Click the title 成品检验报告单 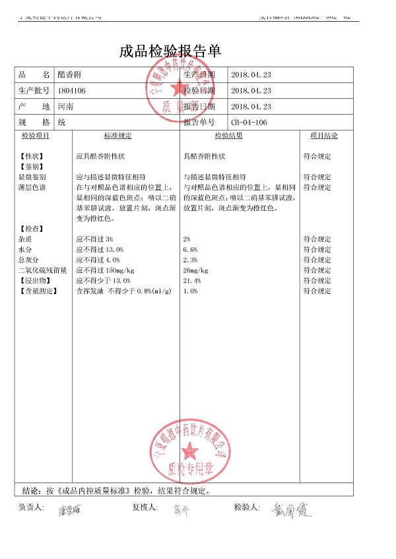click(x=170, y=51)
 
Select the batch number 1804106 click(x=72, y=90)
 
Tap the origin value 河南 click(x=65, y=106)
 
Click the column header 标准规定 click(x=117, y=136)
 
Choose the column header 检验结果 click(x=228, y=136)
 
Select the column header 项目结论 click(x=323, y=136)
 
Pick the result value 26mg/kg click(x=195, y=270)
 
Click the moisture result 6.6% click(x=190, y=250)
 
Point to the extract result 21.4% click(x=192, y=281)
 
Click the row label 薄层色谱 click(x=32, y=188)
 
